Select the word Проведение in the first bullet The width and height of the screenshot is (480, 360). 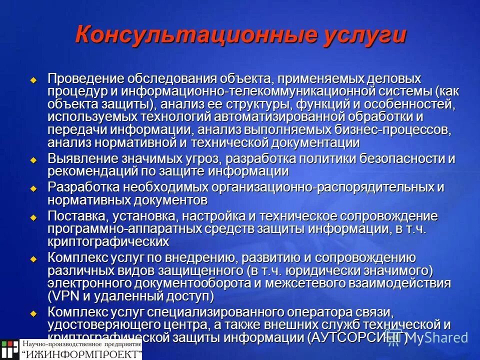pyautogui.click(x=85, y=79)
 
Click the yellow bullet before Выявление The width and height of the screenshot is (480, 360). pyautogui.click(x=33, y=160)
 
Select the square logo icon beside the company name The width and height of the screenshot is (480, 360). pyautogui.click(x=9, y=349)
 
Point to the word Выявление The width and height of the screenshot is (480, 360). pyautogui.click(x=84, y=159)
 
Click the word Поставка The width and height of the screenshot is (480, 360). pyautogui.click(x=76, y=217)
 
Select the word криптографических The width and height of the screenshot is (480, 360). pyautogui.click(x=108, y=242)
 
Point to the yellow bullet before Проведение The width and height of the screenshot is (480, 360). pyautogui.click(x=33, y=80)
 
